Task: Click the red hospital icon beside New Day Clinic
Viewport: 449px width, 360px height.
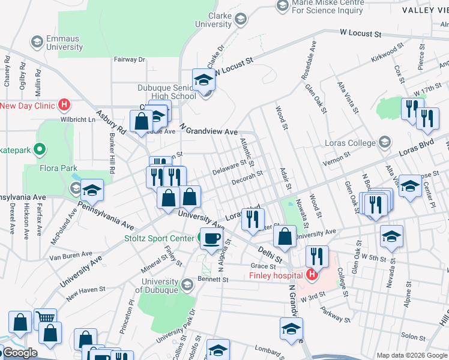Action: (64, 106)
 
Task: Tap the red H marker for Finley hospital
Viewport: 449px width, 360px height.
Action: (312, 275)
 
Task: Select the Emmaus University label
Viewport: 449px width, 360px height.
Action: (56, 43)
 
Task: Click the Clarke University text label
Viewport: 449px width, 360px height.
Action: (211, 20)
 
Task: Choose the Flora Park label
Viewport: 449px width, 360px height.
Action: (59, 168)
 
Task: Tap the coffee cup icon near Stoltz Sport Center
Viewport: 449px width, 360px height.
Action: (211, 238)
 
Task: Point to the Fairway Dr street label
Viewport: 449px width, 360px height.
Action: (130, 59)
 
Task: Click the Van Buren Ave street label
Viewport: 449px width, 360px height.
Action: (68, 256)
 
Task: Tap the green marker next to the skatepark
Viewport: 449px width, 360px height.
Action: (40, 148)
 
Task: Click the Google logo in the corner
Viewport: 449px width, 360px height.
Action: (19, 353)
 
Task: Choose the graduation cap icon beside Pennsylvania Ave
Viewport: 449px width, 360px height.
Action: (92, 190)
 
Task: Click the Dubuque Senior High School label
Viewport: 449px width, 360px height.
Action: (167, 91)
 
